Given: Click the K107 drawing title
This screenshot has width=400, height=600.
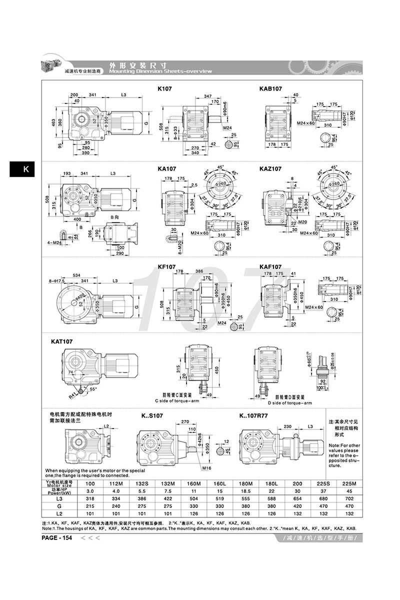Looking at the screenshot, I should (165, 89).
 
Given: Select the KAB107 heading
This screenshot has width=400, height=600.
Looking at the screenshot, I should (270, 89).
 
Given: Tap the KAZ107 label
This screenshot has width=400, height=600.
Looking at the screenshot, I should (270, 169).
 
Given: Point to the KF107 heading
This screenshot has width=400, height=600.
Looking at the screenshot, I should (165, 267).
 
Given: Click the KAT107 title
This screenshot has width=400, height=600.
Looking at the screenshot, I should (62, 342).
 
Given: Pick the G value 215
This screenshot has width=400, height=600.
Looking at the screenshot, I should (90, 506).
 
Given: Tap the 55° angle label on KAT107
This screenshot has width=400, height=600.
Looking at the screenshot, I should (94, 388).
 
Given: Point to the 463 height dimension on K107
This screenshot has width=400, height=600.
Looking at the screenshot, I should (52, 121).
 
